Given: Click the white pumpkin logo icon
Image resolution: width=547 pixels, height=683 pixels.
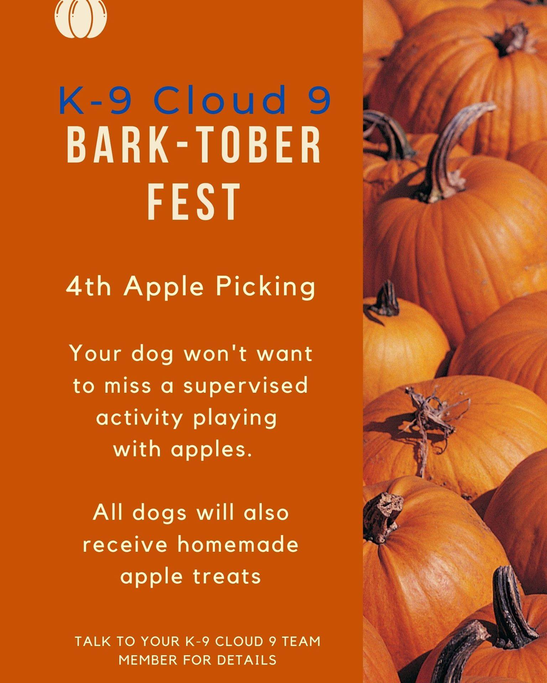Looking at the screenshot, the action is point(81,18).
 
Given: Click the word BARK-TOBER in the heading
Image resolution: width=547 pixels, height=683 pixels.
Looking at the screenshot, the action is point(194,146).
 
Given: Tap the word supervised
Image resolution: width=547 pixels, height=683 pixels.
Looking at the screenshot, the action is point(245,386).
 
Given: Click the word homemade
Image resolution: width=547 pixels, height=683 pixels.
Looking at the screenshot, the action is point(238,545).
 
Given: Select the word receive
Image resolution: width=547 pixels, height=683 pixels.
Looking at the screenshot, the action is point(126,545).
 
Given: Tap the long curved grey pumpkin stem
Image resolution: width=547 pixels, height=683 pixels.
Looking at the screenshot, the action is point(452,149).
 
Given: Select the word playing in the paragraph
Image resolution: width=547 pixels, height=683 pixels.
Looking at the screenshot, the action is point(235,419).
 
